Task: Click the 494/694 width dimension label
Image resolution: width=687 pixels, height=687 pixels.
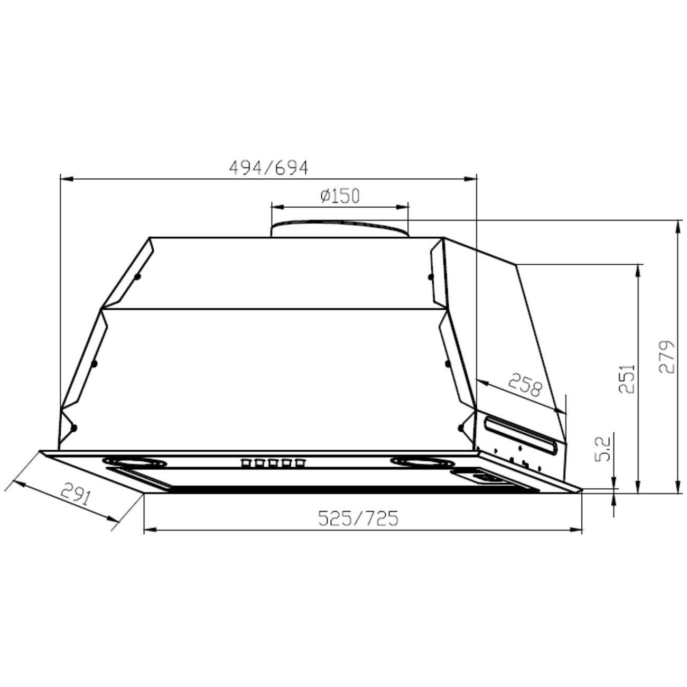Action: click(x=268, y=168)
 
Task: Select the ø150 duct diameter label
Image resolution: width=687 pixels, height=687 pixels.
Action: click(x=340, y=196)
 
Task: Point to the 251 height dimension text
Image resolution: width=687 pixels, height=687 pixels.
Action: click(x=627, y=378)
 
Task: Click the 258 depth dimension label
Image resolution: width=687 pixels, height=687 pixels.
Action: click(x=525, y=385)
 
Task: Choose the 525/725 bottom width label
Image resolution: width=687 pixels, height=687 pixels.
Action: click(x=358, y=518)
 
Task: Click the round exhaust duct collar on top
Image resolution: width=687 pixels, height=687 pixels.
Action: click(x=340, y=228)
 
